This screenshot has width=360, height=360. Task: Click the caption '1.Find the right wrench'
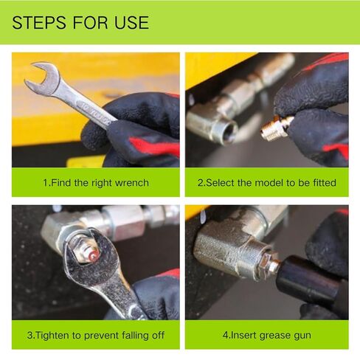(x=95, y=182)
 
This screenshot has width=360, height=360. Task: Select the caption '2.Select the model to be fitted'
(x=266, y=182)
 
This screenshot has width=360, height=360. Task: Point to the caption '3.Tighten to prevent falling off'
(x=95, y=334)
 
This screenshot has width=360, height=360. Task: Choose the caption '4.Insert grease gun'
(x=266, y=334)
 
